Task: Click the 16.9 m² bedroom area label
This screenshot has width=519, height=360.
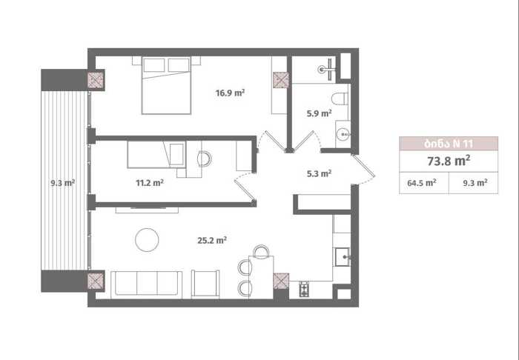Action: [230, 93]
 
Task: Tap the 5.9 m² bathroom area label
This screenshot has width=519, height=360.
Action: [319, 113]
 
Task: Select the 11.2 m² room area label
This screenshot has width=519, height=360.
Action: [150, 182]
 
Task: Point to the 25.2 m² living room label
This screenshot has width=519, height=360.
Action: [212, 240]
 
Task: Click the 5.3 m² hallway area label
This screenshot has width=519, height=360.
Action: [319, 173]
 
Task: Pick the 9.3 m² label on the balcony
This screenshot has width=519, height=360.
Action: [62, 182]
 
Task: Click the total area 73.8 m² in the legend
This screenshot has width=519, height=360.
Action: [449, 161]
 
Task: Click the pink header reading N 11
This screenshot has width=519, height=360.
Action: [449, 144]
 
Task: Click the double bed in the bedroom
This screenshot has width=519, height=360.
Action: [166, 86]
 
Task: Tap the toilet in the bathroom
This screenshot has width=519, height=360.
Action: [340, 99]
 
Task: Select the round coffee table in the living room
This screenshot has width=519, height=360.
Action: [147, 240]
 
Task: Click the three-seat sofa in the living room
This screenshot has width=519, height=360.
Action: [146, 284]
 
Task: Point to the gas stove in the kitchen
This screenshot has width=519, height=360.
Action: [304, 289]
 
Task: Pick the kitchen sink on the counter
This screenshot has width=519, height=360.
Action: [343, 257]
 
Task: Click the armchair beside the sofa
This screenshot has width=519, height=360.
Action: [205, 284]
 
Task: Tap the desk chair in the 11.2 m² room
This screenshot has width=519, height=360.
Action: [204, 159]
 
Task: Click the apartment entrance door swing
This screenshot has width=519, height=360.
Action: [363, 170]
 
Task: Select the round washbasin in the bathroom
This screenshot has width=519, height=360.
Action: [343, 134]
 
